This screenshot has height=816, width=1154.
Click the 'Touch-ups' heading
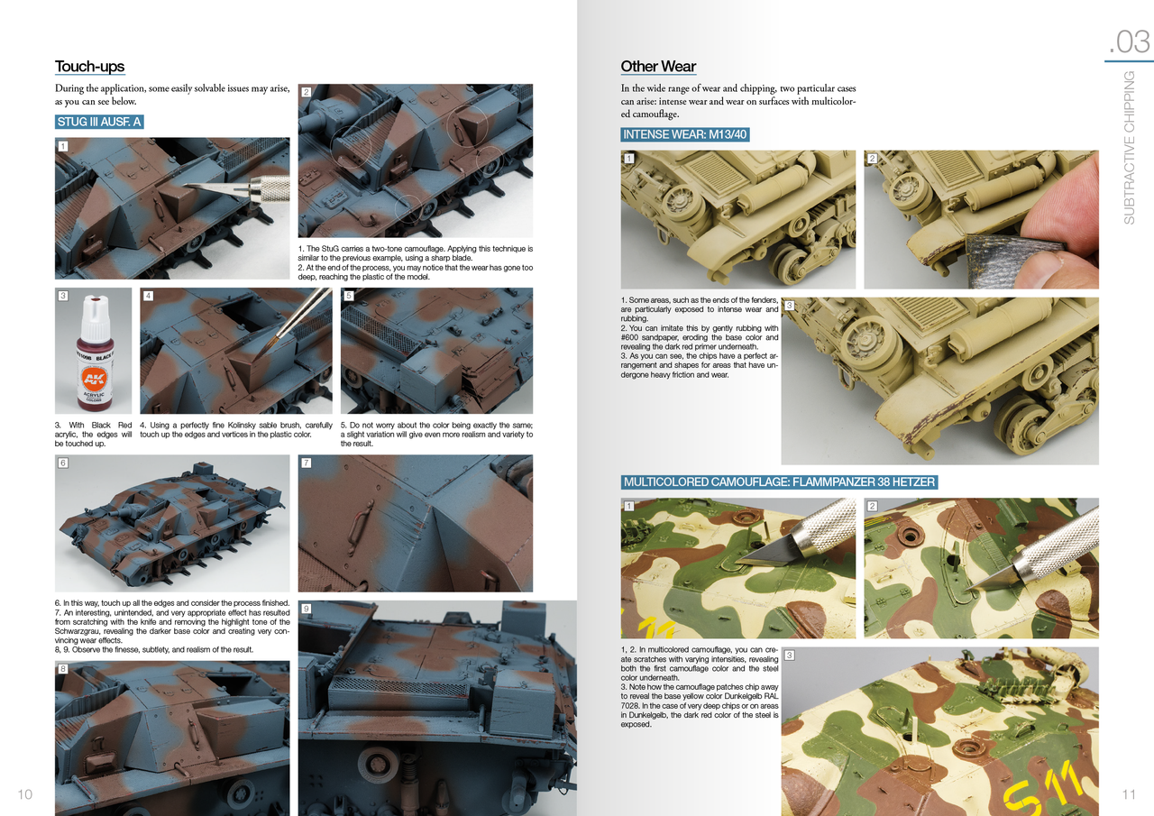pos(89,67)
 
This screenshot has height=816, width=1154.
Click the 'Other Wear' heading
pos(658,67)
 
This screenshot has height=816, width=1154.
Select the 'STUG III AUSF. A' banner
pos(99,122)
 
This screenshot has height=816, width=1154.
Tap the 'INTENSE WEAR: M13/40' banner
pos(685,135)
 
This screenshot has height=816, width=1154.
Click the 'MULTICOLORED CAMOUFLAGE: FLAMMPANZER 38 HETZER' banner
pos(779,482)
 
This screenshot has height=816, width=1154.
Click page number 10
pos(24,794)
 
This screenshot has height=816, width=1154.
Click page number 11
pos(1129,794)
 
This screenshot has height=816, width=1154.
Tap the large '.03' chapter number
pos(1129,41)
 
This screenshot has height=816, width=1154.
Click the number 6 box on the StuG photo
pos(62,463)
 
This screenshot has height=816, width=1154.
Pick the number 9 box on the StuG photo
pos(306,610)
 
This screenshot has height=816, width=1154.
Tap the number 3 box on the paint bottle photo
pos(62,296)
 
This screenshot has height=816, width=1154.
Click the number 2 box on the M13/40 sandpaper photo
pos(872,159)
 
